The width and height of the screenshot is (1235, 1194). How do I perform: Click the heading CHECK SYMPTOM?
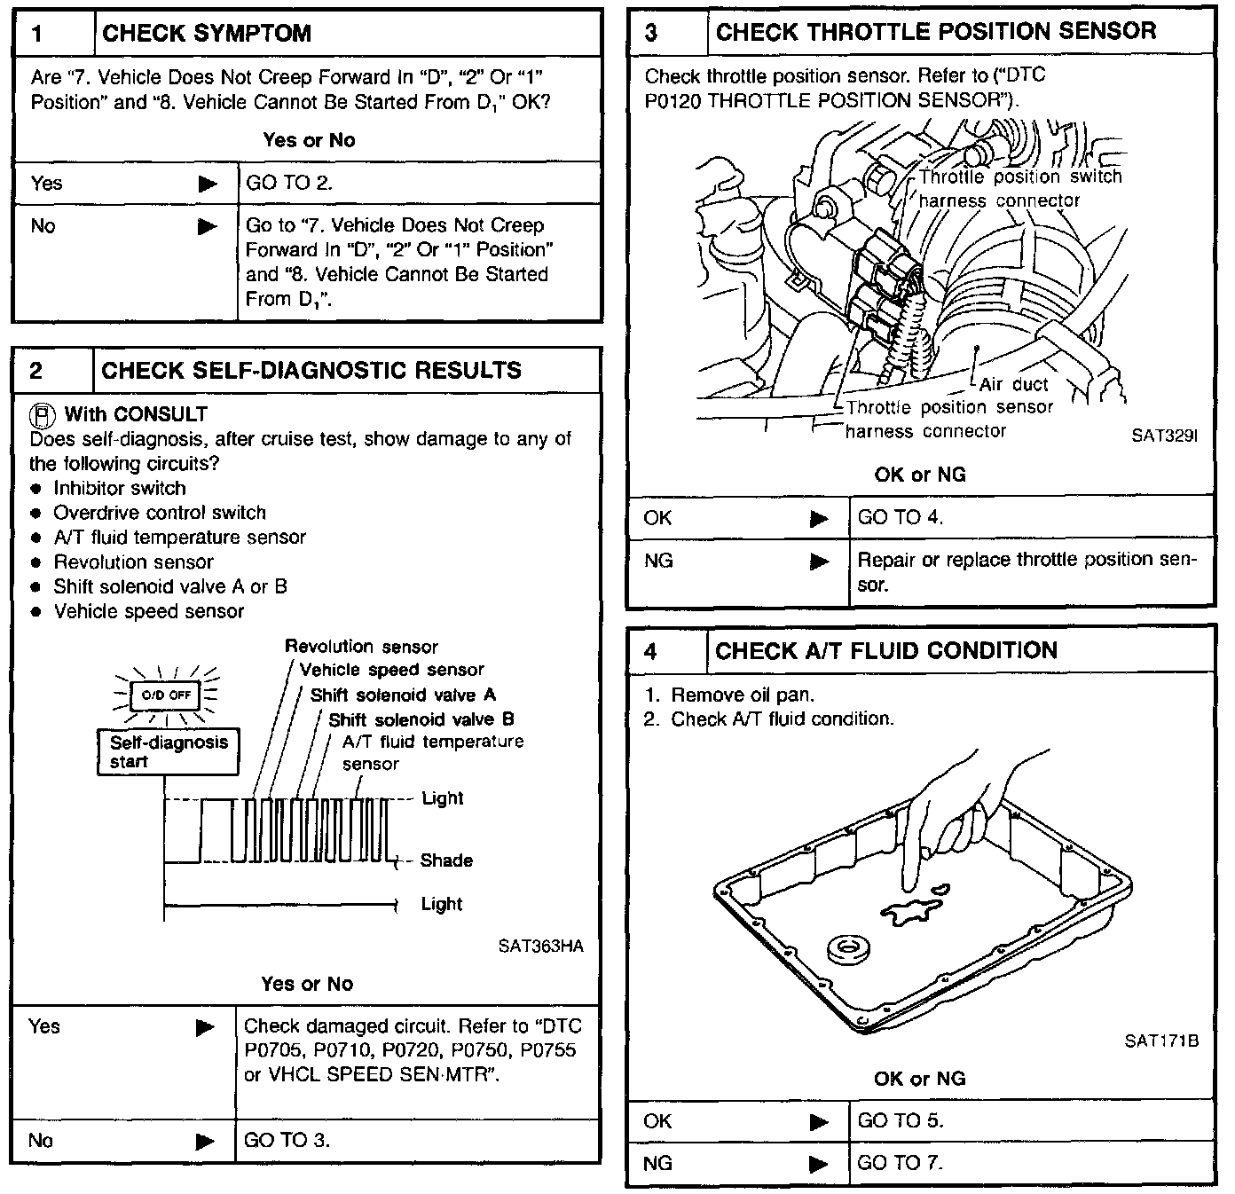click(207, 35)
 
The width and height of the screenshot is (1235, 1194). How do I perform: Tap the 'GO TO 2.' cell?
click(289, 184)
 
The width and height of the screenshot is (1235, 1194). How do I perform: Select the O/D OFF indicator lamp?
click(166, 695)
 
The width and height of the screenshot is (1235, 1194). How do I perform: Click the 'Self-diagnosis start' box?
click(168, 751)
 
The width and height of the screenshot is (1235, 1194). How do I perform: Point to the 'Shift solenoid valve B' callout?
click(421, 719)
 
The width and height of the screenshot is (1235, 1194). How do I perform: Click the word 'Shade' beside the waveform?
click(446, 860)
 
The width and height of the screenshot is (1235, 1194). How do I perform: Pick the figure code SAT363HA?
click(540, 947)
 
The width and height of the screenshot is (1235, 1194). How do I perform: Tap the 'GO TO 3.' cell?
click(287, 1141)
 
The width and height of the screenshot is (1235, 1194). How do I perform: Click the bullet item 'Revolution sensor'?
click(133, 562)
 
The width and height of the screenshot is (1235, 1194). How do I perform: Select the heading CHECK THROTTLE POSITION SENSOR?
click(935, 33)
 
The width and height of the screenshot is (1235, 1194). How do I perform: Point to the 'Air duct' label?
click(1013, 384)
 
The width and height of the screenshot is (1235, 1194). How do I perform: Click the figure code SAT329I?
click(1164, 436)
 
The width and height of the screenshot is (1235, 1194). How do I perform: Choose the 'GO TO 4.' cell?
click(900, 518)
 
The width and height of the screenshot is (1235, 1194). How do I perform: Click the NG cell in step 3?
click(658, 561)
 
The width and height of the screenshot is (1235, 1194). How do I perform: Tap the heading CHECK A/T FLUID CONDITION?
click(885, 651)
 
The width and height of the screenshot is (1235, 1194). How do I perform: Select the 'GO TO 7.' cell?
click(900, 1163)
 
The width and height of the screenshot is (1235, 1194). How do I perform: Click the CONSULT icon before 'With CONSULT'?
click(42, 414)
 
